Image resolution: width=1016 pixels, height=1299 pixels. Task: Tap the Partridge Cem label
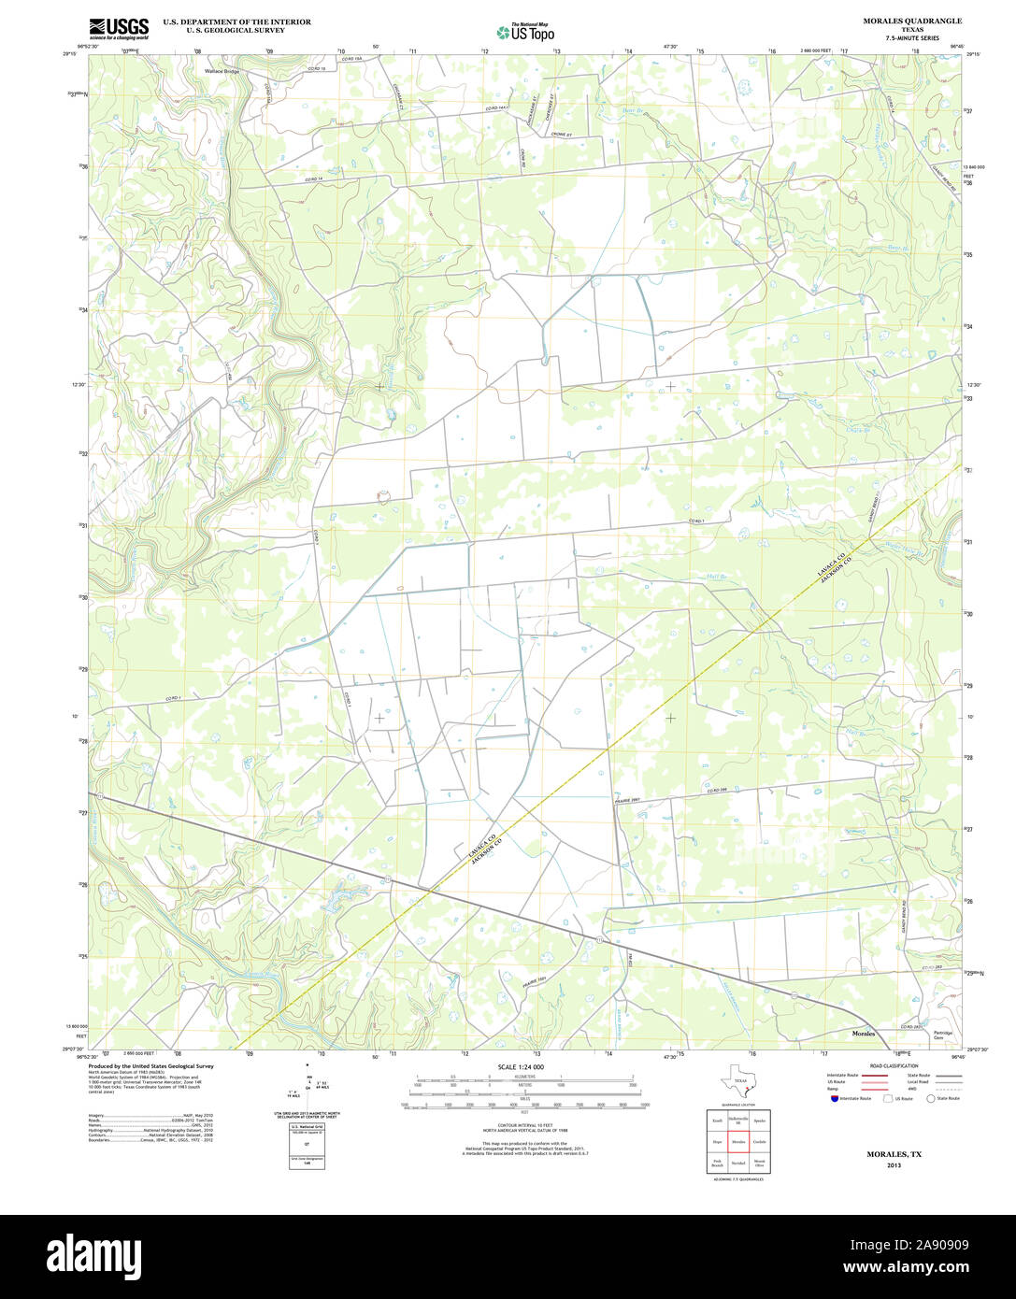[944, 1035]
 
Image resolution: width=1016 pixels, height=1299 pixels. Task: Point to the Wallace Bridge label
[222, 71]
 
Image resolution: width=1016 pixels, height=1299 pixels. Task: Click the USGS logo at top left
[119, 29]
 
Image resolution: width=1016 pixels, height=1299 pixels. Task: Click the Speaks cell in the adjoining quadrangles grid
[760, 1120]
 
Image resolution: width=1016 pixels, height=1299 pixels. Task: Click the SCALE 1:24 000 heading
[521, 1067]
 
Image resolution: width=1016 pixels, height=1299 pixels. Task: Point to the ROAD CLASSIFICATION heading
[893, 1066]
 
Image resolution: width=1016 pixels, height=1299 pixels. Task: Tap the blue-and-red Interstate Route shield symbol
[834, 1098]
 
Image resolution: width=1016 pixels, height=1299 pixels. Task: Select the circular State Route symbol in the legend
[931, 1098]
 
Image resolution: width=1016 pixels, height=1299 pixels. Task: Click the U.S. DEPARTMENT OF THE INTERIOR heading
[236, 21]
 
